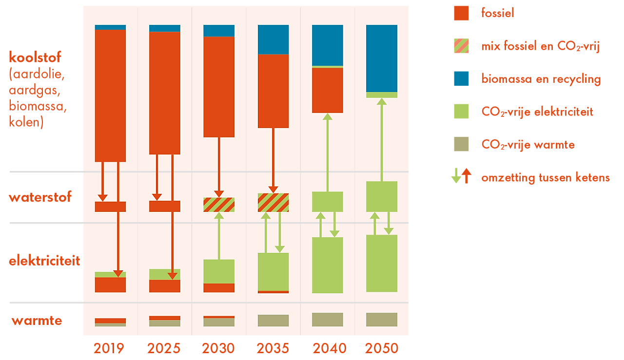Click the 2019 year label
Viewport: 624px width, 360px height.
pos(109,348)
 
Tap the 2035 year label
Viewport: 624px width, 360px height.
pos(273,348)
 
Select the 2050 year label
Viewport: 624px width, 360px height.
pos(382,348)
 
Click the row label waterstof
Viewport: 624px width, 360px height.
pos(40,197)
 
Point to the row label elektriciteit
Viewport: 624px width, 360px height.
pos(44,261)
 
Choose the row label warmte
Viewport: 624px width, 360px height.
pos(37,321)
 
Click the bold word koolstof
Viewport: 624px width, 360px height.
pos(35,57)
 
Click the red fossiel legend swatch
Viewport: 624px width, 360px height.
pos(461,13)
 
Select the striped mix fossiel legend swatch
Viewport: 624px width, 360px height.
pos(461,46)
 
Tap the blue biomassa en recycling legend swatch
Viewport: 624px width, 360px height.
pos(461,78)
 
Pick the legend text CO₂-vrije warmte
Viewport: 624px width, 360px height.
pos(528,145)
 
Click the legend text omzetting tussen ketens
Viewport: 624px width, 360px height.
pos(545,177)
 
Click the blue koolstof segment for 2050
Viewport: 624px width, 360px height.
pos(382,58)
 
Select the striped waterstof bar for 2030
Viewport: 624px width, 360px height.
pos(219,205)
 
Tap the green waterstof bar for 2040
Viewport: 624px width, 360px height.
pos(328,201)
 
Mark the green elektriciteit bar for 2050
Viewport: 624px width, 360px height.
pos(382,263)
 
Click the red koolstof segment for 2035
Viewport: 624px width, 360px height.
pos(273,91)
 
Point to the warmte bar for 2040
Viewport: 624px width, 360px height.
pos(328,319)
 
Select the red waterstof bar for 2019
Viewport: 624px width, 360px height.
pos(110,207)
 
